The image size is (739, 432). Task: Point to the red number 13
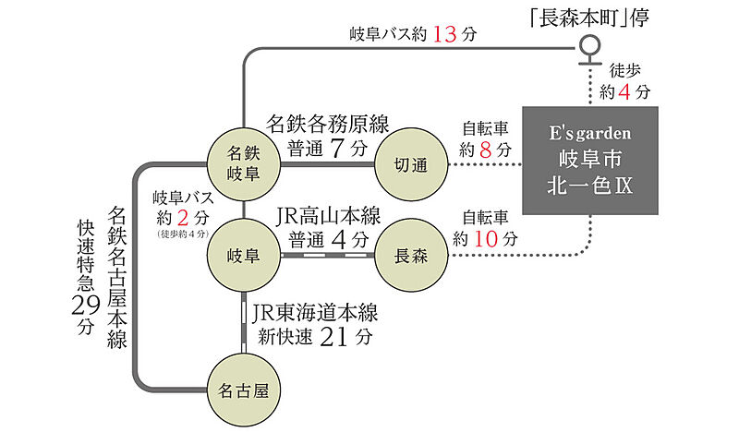(444, 36)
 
